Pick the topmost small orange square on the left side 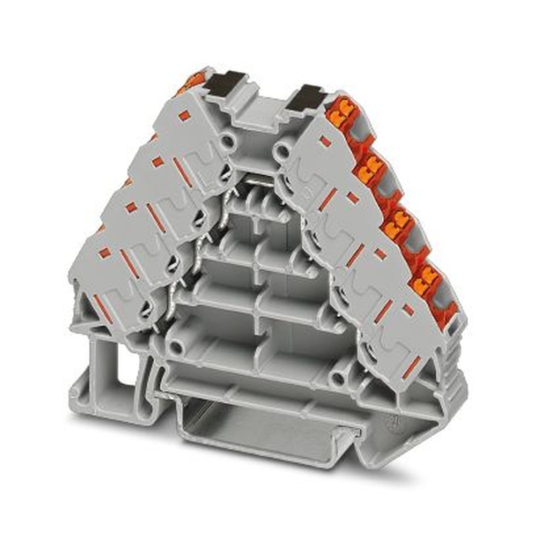point(184,115)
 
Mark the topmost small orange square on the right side point(325,142)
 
